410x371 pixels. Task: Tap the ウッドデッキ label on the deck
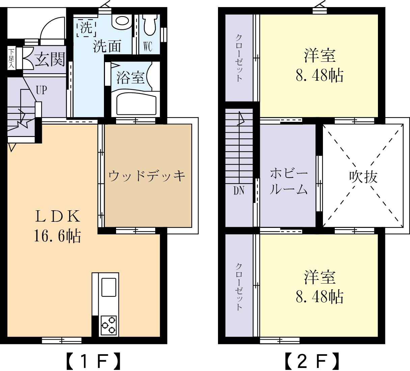coord(147,176)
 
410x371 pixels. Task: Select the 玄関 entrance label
coord(50,60)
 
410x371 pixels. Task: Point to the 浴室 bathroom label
coord(130,78)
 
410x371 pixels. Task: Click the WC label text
coord(148,47)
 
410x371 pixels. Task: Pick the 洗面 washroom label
coord(107,46)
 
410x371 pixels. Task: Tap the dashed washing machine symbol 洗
coord(86,28)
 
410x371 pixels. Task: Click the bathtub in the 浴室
coord(136,103)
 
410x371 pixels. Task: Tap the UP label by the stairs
coord(41,90)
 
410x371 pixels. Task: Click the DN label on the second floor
coord(239,191)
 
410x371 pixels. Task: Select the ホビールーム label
coord(289,182)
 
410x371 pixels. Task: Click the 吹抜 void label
coord(363,176)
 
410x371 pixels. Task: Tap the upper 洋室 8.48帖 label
coord(319,66)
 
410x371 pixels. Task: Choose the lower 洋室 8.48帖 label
coord(319,287)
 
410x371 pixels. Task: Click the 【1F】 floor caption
coord(92,361)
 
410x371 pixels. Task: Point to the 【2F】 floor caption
coord(311,361)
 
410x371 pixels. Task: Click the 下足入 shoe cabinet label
coord(11,58)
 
